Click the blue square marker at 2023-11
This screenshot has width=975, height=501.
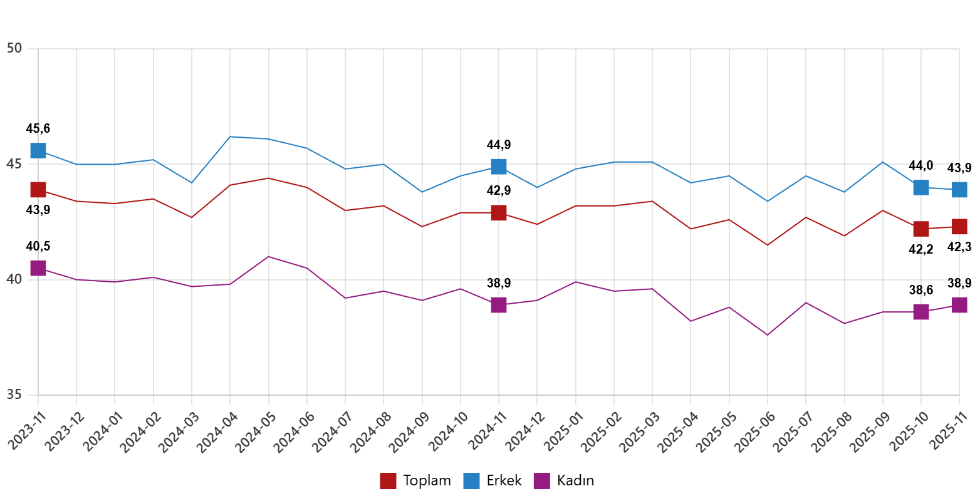(x=38, y=150)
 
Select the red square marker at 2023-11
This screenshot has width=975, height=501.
(x=38, y=189)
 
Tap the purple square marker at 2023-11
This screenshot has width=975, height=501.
(x=38, y=268)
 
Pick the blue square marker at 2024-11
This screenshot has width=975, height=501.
(x=499, y=166)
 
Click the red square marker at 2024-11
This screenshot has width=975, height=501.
(x=499, y=213)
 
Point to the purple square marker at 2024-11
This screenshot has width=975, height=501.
(x=499, y=305)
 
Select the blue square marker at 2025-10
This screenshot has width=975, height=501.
(x=921, y=187)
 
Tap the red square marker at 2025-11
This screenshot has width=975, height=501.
(x=959, y=227)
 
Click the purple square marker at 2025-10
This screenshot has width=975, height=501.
(x=921, y=312)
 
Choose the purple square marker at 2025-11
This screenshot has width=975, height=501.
(x=959, y=305)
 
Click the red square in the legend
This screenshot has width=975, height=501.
(x=388, y=481)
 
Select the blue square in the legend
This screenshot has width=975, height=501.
(x=471, y=481)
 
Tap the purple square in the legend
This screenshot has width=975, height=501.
(x=541, y=481)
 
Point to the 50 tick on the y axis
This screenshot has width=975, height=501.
(x=14, y=48)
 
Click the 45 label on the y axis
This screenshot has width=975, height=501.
(x=14, y=163)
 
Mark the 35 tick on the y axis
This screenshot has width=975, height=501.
(x=14, y=394)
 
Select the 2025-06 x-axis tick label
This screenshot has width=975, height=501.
(x=754, y=432)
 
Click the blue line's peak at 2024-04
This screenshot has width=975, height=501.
(x=231, y=137)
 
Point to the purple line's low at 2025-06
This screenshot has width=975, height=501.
(x=768, y=335)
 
